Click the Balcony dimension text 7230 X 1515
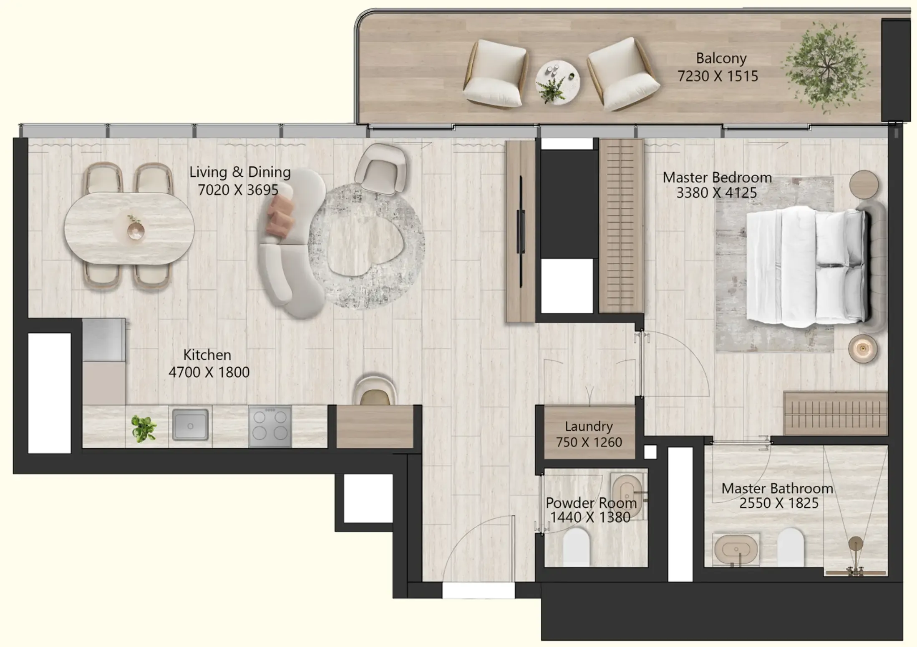pyautogui.click(x=717, y=76)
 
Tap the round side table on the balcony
pyautogui.click(x=557, y=82)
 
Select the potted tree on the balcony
pyautogui.click(x=826, y=68)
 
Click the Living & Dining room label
pyautogui.click(x=240, y=172)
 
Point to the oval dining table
pyautogui.click(x=129, y=228)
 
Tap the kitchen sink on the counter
pyautogui.click(x=190, y=425)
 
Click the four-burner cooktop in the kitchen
pyautogui.click(x=270, y=426)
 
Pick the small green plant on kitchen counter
pyautogui.click(x=144, y=428)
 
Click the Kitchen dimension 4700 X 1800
pyautogui.click(x=209, y=372)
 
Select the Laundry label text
pyautogui.click(x=589, y=426)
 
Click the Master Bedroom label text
pyautogui.click(x=717, y=178)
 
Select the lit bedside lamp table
pyautogui.click(x=863, y=349)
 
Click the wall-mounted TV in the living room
pyautogui.click(x=521, y=231)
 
